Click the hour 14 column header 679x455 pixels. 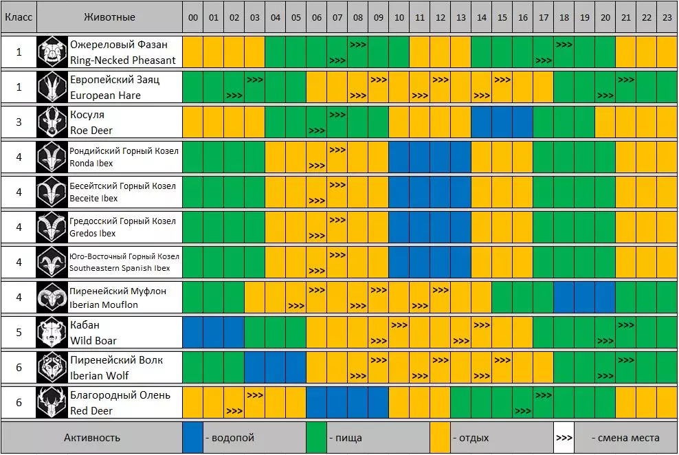tap(482, 17)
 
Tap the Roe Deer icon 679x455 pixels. tap(52, 122)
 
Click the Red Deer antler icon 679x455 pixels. tap(52, 403)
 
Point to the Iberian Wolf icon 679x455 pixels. tap(52, 368)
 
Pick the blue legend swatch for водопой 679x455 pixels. tap(193, 437)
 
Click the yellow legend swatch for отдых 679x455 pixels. tap(441, 437)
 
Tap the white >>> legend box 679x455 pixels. tap(564, 437)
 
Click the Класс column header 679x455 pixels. tap(19, 17)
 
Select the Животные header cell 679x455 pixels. tap(109, 17)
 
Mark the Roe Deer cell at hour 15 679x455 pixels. tap(502, 122)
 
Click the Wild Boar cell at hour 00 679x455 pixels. tap(193, 333)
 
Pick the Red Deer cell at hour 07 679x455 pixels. tap(337, 403)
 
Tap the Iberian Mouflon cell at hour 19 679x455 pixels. tap(585, 298)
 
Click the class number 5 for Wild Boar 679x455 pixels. tap(19, 333)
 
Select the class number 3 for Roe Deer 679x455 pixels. tap(19, 122)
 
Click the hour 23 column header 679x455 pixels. tap(667, 17)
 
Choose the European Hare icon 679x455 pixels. tap(52, 87)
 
